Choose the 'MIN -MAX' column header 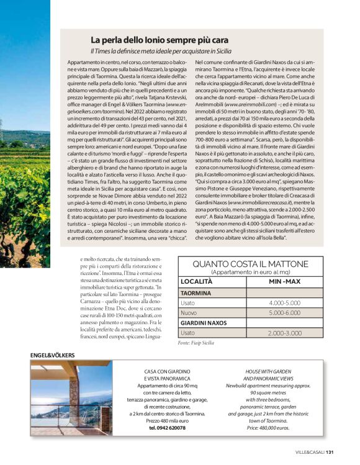(285, 282)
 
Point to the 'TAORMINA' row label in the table (196, 292)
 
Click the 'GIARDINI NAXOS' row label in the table (203, 323)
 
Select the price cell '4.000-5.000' (285, 302)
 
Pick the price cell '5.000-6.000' (285, 313)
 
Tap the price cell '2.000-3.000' (285, 333)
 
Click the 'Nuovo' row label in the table (189, 313)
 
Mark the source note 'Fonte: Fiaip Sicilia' (196, 343)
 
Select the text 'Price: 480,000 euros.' (268, 428)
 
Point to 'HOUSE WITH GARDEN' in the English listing (268, 371)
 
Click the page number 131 (348, 451)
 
